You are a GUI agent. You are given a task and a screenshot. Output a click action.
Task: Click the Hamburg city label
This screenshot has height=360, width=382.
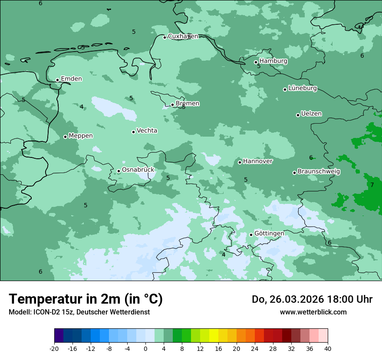pyautogui.click(x=273, y=61)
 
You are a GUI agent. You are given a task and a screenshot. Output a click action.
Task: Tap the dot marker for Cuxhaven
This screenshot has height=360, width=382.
pyautogui.click(x=165, y=37)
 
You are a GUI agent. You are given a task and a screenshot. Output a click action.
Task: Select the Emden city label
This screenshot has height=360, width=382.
pyautogui.click(x=71, y=79)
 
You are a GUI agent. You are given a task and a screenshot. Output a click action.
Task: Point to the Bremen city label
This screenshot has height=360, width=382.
pyautogui.click(x=187, y=104)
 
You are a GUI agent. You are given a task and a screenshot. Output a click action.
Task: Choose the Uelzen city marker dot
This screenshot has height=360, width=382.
pyautogui.click(x=298, y=115)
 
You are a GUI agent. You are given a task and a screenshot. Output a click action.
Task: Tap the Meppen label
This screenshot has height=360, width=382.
pyautogui.click(x=81, y=136)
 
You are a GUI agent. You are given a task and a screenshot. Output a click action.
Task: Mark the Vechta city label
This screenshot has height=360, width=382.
pyautogui.click(x=147, y=131)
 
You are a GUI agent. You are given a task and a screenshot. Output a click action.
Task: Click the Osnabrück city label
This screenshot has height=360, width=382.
pyautogui.click(x=138, y=170)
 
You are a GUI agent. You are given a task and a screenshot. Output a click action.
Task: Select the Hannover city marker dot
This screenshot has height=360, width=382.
pyautogui.click(x=240, y=162)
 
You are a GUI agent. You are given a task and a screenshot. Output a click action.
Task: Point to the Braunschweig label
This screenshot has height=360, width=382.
pyautogui.click(x=319, y=172)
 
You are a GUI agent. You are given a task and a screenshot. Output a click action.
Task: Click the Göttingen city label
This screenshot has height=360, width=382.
pyautogui.click(x=269, y=234)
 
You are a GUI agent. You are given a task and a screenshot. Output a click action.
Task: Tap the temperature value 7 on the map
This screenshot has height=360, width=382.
pyautogui.click(x=372, y=185)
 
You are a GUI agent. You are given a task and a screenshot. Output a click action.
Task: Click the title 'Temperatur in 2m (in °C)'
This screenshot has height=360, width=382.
pyautogui.click(x=86, y=299)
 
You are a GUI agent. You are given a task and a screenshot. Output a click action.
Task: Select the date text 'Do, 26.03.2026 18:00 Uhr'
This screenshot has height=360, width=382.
pyautogui.click(x=312, y=299)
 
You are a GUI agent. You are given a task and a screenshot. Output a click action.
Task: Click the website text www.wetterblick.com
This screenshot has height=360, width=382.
pyautogui.click(x=313, y=312)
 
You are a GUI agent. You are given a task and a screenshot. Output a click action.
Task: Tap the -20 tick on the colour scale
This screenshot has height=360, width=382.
pyautogui.click(x=54, y=349)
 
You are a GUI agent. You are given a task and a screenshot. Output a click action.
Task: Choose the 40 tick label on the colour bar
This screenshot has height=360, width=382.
pyautogui.click(x=327, y=349)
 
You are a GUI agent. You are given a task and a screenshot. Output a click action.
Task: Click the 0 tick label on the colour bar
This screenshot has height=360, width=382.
pyautogui.click(x=145, y=349)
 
